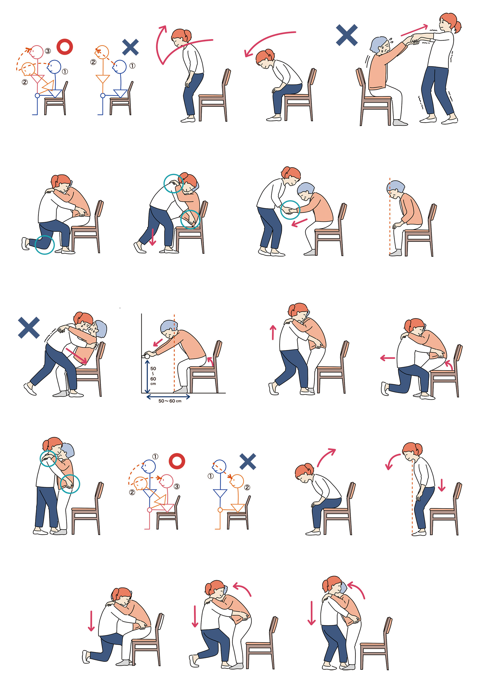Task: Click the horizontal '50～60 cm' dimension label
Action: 170,401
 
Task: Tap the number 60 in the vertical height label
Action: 153,379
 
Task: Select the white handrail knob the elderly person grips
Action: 147,356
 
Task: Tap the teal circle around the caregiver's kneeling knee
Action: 45,245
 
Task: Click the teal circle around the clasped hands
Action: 290,210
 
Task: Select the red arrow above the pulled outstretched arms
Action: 415,31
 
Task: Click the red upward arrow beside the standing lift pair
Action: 273,332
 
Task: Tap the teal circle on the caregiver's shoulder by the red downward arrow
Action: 174,183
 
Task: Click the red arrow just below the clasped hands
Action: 299,223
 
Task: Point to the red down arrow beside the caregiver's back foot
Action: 153,237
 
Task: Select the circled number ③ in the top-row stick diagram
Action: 48,51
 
